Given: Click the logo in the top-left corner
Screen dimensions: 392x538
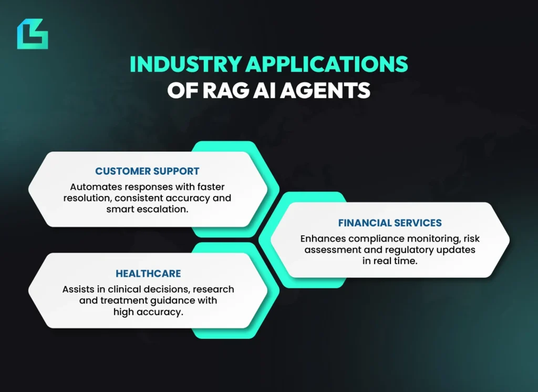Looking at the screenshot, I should tap(32, 34).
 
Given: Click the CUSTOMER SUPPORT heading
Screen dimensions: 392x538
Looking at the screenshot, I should tap(147, 172).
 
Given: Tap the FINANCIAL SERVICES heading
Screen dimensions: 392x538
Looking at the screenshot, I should tap(390, 223).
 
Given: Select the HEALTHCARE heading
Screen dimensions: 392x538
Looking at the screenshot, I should tap(148, 274).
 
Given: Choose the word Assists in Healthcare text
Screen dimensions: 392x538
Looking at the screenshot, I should tap(78, 289).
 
